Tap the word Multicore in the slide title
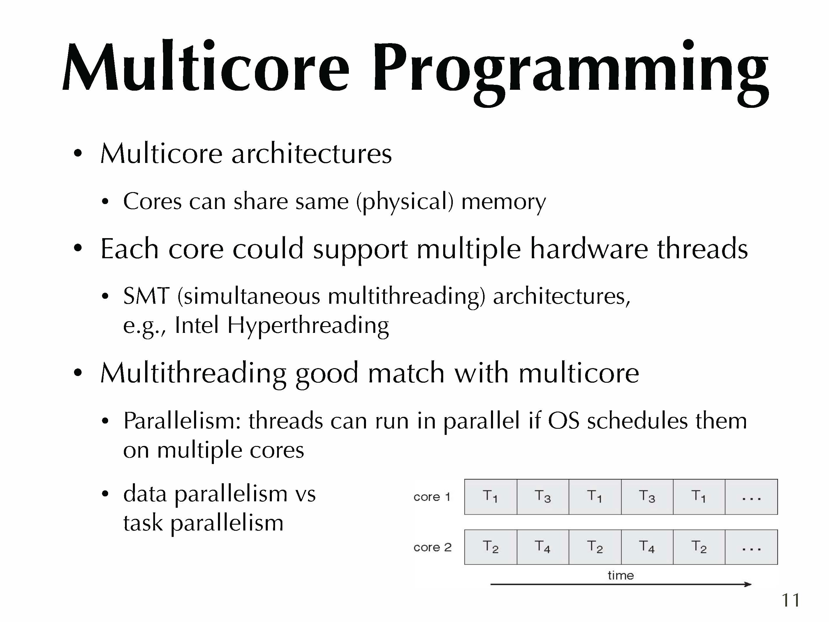(206, 66)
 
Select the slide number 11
(791, 600)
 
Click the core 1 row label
(432, 497)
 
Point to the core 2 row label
(432, 547)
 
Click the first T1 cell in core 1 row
(491, 497)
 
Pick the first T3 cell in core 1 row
(543, 497)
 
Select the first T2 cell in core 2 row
(491, 547)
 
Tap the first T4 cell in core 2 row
(543, 547)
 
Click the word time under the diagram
(621, 575)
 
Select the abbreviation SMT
(146, 296)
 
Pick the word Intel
(196, 325)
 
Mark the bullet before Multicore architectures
(78, 153)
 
